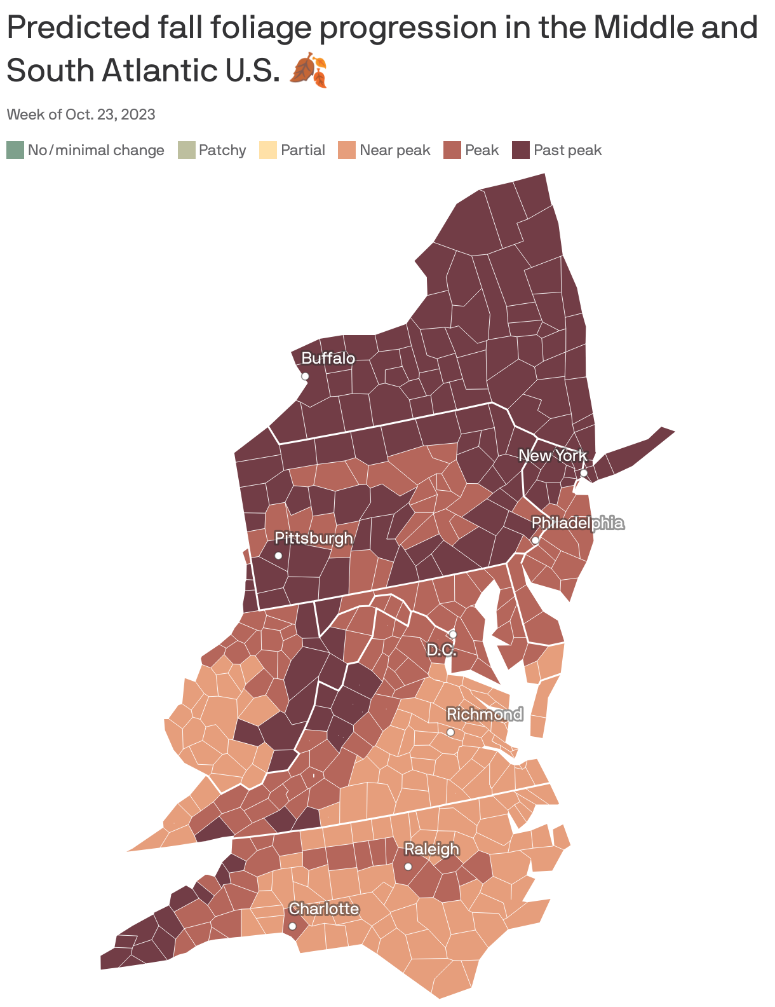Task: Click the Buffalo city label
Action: pos(328,359)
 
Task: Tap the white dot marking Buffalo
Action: pos(305,376)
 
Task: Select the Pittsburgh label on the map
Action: pos(313,538)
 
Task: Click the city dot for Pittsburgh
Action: pos(278,556)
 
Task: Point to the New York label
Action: pos(553,455)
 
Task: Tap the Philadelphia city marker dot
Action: pos(536,540)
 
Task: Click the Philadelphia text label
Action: pos(577,523)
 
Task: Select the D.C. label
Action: pos(441,650)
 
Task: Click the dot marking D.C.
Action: pos(453,634)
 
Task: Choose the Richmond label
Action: pos(484,714)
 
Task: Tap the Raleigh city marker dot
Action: pos(408,867)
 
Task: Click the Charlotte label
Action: pos(324,908)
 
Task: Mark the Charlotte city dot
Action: pos(292,926)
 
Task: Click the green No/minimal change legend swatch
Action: pos(15,151)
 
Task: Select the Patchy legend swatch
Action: pos(187,151)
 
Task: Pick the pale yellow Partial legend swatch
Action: pos(268,151)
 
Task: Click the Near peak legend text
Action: pos(394,151)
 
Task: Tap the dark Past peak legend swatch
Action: pos(521,151)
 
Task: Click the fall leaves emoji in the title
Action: pos(309,70)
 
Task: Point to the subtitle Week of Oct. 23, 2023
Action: pos(81,114)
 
